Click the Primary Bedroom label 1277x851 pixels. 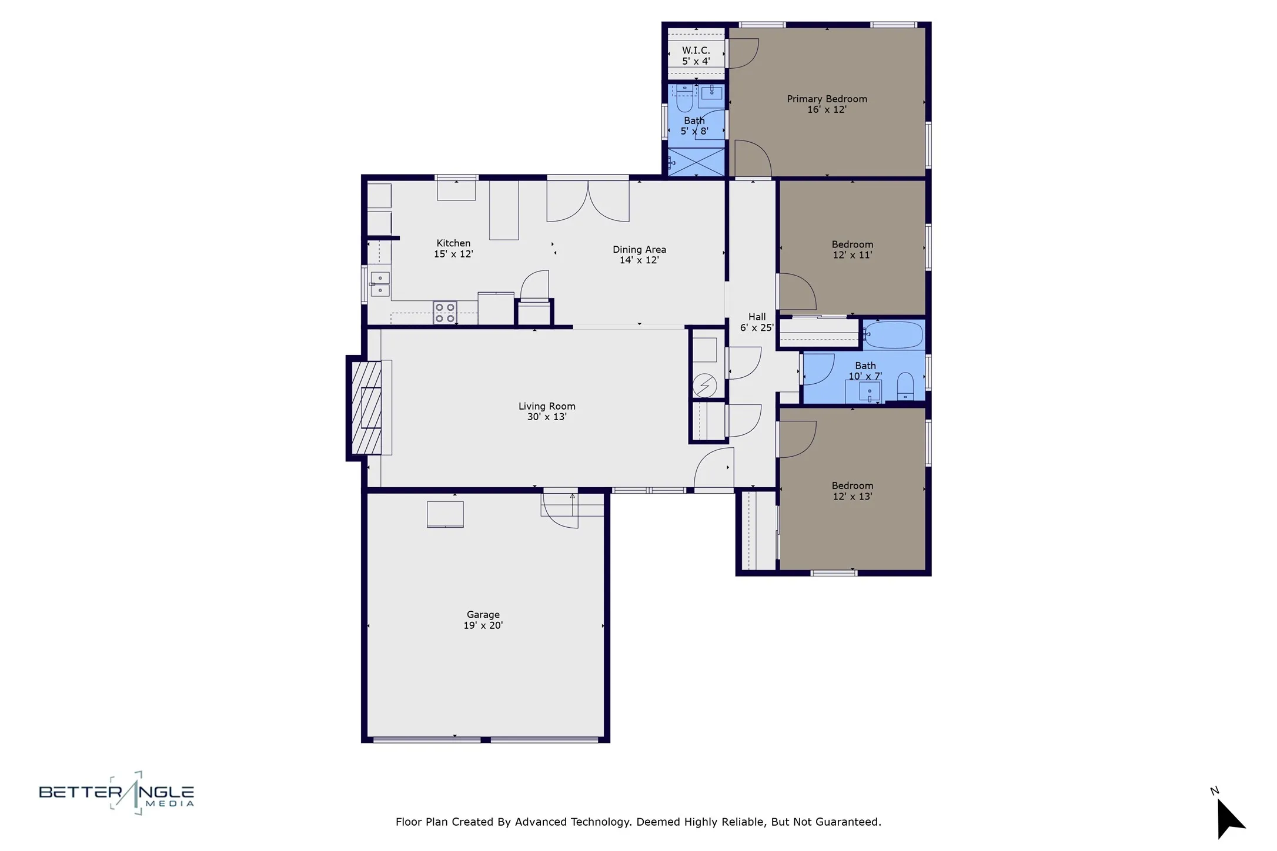click(x=827, y=99)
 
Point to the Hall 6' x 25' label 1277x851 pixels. click(x=756, y=322)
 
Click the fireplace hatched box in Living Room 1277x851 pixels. click(x=366, y=407)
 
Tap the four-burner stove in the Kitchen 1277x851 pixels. click(x=445, y=313)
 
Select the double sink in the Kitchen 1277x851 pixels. click(x=380, y=284)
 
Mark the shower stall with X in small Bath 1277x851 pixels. click(x=697, y=162)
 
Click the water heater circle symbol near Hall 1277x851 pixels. click(x=704, y=386)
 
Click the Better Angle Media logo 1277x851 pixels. click(x=116, y=793)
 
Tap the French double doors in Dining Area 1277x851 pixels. click(x=588, y=201)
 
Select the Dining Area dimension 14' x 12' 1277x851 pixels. click(x=639, y=260)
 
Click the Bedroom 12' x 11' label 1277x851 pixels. click(x=852, y=249)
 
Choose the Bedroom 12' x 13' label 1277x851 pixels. click(x=852, y=491)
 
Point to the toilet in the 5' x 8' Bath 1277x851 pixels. click(x=684, y=101)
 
